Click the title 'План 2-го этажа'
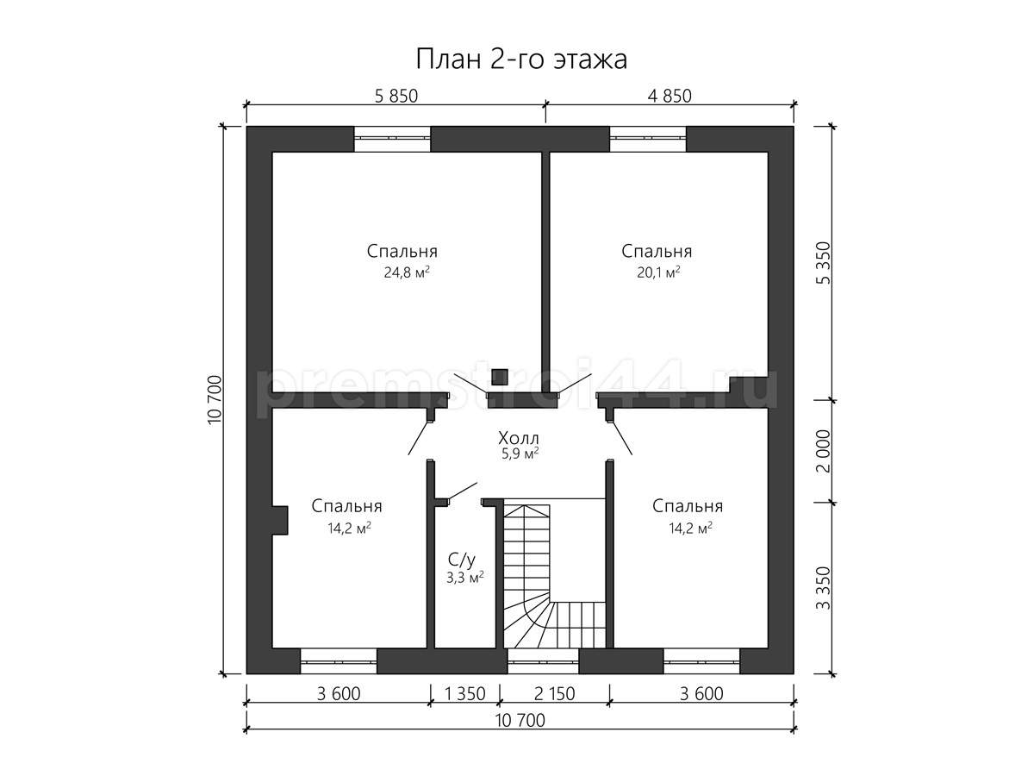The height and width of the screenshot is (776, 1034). point(521,59)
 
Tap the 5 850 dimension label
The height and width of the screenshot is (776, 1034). point(396,96)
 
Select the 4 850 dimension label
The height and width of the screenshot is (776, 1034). point(670,96)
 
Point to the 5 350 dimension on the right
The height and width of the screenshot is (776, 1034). point(823,263)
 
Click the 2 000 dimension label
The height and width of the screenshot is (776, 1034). point(823,451)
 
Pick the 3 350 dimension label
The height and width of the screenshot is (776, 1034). point(823,589)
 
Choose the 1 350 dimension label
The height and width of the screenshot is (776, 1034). point(465,694)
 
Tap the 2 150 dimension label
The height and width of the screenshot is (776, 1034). point(554,694)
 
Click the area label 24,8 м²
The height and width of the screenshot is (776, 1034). point(407,272)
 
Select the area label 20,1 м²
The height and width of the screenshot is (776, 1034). point(658,272)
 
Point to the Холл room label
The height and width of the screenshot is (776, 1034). point(518,438)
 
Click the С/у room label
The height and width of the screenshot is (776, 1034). point(462,560)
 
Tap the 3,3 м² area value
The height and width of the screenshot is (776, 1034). point(465,578)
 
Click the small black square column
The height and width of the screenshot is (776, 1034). point(500,377)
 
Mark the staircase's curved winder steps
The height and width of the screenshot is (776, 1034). point(527,625)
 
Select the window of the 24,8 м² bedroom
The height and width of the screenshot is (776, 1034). point(392,139)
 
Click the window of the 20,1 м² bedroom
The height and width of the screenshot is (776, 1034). point(648,139)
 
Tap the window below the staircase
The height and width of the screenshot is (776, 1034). point(543,661)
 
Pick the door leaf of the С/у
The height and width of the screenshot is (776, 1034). point(462,491)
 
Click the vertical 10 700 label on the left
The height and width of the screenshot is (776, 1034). point(215,400)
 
